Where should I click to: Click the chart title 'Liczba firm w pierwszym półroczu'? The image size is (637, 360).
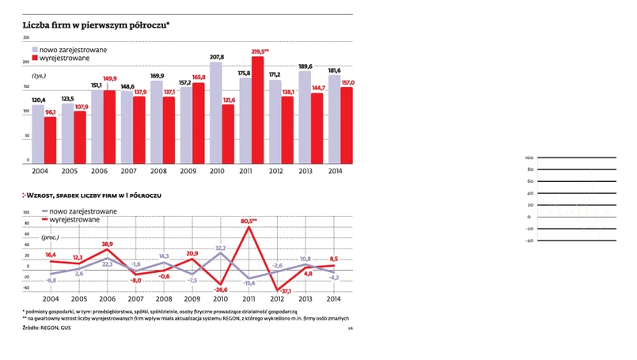[x=96, y=25]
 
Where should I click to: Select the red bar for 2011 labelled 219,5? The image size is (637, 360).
[x=257, y=111]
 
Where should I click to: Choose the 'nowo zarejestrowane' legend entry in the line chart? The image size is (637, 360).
[x=83, y=211]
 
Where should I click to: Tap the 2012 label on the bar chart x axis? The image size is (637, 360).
[x=275, y=171]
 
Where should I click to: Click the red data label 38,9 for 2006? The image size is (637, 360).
[x=105, y=244]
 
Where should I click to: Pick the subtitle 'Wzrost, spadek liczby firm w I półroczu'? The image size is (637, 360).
[x=95, y=195]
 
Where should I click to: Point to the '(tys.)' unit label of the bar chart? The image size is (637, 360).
[x=39, y=75]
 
